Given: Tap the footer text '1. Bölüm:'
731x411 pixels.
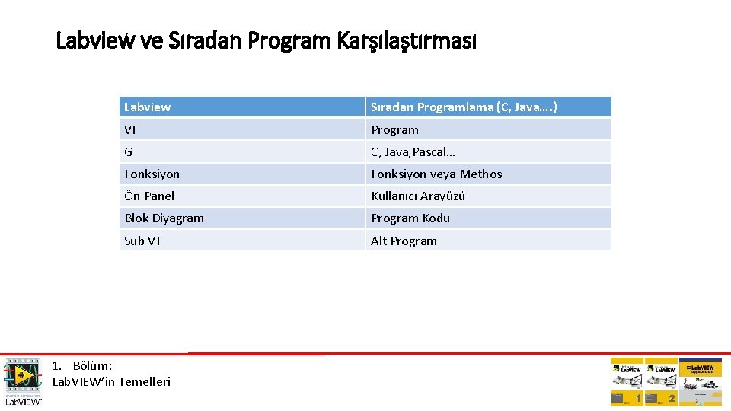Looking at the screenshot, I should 82,366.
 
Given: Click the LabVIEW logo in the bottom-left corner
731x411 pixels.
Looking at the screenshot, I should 23,381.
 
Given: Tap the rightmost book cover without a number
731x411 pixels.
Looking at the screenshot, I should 700,382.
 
